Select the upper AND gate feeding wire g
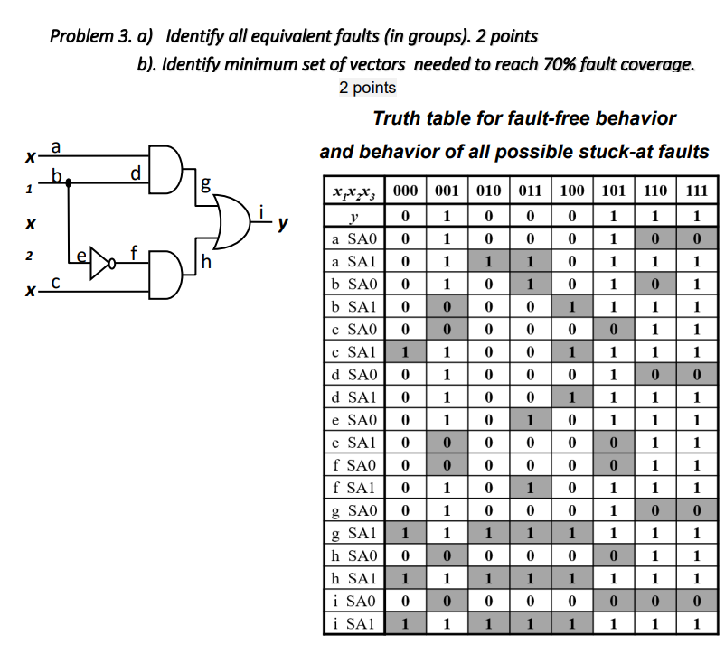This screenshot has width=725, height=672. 165,169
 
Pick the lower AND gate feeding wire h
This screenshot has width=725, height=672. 165,274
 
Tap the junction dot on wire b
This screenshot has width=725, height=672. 71,181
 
